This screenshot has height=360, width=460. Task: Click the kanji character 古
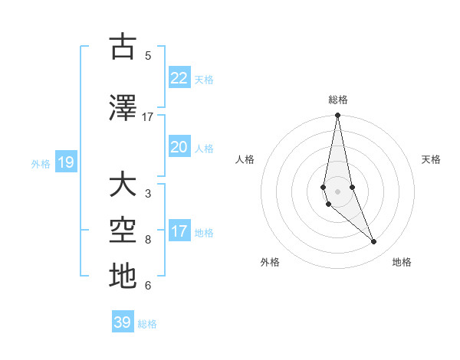[x=123, y=47]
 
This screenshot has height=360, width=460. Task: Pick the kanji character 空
[x=123, y=231]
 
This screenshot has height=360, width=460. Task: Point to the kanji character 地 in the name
[x=123, y=277]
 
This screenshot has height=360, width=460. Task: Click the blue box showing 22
[x=179, y=78]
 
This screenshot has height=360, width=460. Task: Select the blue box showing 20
[x=179, y=147]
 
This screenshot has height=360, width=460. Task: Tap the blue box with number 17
[x=179, y=231]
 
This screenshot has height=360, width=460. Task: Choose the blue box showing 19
[x=65, y=162]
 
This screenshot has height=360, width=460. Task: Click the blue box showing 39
[x=123, y=322]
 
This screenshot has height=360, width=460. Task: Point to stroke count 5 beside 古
[x=148, y=56]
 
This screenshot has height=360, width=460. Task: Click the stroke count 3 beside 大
[x=148, y=194]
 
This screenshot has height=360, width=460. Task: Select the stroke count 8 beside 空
[x=148, y=240]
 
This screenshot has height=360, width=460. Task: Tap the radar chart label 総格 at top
[x=338, y=100]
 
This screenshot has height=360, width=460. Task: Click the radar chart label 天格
[x=432, y=159]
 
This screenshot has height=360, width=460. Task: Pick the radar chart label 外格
[x=270, y=262]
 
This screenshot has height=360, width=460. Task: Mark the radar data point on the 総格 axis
[x=337, y=116]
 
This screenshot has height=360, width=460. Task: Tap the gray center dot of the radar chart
[x=337, y=191]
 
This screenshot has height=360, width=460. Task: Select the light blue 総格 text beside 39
[x=147, y=324]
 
